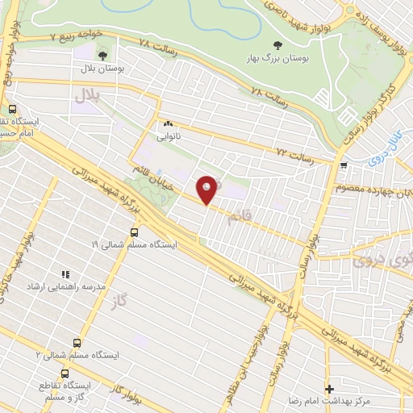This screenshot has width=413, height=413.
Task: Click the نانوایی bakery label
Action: click(168, 136)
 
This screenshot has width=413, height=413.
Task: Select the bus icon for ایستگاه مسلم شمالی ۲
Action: click(77, 342)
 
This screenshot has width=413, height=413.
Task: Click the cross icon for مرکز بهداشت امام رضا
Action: click(328, 389)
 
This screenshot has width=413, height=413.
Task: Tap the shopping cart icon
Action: click(345, 166)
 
